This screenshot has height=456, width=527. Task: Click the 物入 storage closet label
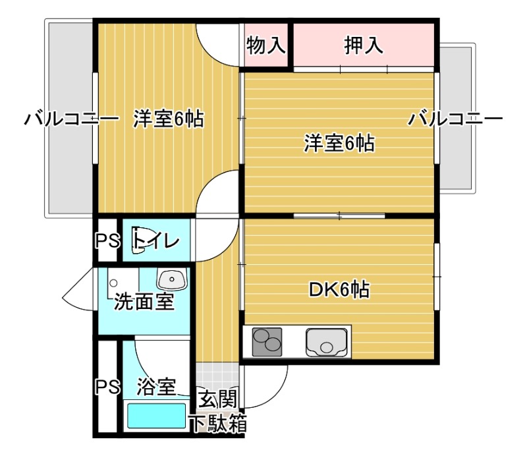click(x=266, y=45)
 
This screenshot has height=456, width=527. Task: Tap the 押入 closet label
click(x=363, y=45)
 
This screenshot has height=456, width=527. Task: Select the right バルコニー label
click(x=455, y=120)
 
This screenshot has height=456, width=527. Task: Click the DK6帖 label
click(x=339, y=289)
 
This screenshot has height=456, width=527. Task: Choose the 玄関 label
click(x=218, y=399)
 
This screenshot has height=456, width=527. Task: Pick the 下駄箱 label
click(x=218, y=424)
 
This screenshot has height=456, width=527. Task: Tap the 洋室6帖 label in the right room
click(x=339, y=142)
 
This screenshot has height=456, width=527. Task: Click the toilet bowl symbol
click(x=137, y=239)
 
